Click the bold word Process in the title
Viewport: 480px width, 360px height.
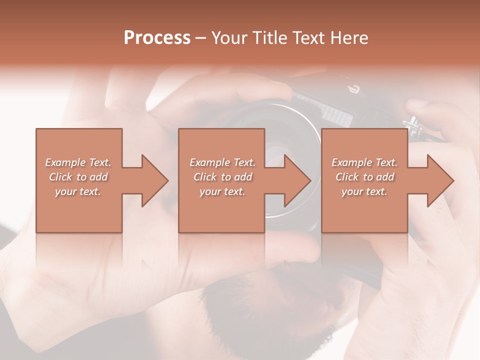click(x=157, y=38)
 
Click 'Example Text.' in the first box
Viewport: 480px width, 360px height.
click(x=78, y=162)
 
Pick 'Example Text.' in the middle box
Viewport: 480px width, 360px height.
click(x=222, y=162)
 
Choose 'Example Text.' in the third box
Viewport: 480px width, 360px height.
click(x=364, y=162)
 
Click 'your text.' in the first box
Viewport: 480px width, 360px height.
click(x=78, y=191)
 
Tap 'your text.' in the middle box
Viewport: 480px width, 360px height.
click(x=222, y=191)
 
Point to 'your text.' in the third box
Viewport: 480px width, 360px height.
click(x=364, y=191)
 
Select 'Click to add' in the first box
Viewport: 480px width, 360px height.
click(x=78, y=177)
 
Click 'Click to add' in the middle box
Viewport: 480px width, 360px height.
click(x=222, y=177)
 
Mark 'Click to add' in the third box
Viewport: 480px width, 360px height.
click(x=364, y=177)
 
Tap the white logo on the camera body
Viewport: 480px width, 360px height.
click(x=354, y=89)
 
